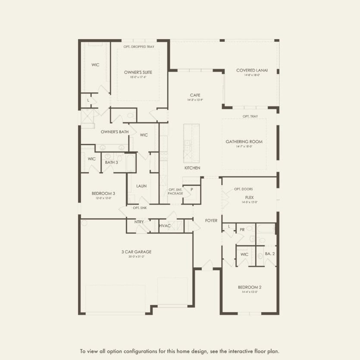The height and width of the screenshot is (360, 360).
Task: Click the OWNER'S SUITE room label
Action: pyautogui.click(x=138, y=72)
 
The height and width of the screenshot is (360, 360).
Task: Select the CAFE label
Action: pyautogui.click(x=195, y=95)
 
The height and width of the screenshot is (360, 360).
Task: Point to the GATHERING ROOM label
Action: pyautogui.click(x=244, y=141)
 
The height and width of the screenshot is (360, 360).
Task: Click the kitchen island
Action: pyautogui.click(x=191, y=143)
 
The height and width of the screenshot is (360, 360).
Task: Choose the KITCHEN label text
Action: pyautogui.click(x=192, y=168)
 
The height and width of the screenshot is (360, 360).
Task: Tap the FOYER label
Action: pyautogui.click(x=211, y=220)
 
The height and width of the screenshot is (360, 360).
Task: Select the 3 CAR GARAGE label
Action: pyautogui.click(x=137, y=252)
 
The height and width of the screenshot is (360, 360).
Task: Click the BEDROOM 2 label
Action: pyautogui.click(x=250, y=287)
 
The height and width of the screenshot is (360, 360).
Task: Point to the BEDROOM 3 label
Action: pyautogui.click(x=103, y=193)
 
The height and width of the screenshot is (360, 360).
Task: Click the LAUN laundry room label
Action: pyautogui.click(x=141, y=186)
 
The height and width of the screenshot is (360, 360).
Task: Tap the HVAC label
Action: pyautogui.click(x=165, y=225)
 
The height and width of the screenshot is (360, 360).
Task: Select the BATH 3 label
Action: pyautogui.click(x=111, y=162)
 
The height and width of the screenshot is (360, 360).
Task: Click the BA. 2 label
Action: pyautogui.click(x=270, y=254)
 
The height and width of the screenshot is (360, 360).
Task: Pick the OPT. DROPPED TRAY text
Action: pyautogui.click(x=139, y=47)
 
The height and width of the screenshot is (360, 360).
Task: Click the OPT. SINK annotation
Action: pyautogui.click(x=140, y=208)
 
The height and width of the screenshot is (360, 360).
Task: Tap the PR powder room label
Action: pyautogui.click(x=242, y=230)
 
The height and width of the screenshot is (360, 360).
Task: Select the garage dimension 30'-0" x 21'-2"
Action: pyautogui.click(x=137, y=257)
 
